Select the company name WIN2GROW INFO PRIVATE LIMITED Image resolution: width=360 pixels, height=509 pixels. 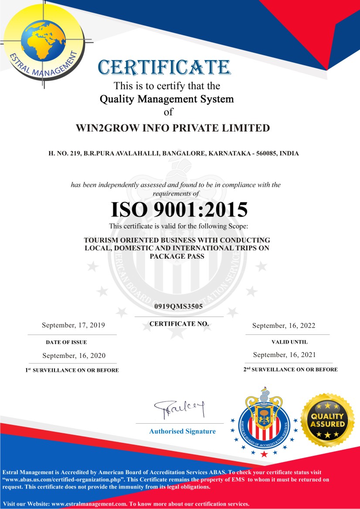pyautogui.click(x=173, y=128)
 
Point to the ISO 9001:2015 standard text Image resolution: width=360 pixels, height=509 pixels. pyautogui.click(x=179, y=209)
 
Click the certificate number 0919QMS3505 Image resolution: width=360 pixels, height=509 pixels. pyautogui.click(x=179, y=307)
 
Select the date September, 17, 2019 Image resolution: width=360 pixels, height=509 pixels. pyautogui.click(x=73, y=325)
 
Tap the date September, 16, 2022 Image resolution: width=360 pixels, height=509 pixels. pyautogui.click(x=284, y=326)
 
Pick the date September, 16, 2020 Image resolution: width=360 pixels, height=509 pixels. pyautogui.click(x=74, y=355)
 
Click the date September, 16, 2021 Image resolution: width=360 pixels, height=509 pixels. pyautogui.click(x=284, y=355)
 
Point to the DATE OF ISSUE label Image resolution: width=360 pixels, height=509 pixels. pyautogui.click(x=66, y=342)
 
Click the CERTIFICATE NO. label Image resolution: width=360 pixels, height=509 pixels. pyautogui.click(x=179, y=324)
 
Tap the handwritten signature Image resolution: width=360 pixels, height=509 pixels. pyautogui.click(x=179, y=409)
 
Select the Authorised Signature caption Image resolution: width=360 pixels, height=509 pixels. pyautogui.click(x=182, y=431)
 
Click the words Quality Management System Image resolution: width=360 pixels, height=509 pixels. pyautogui.click(x=167, y=99)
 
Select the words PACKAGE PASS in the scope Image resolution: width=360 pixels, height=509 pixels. pyautogui.click(x=177, y=256)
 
